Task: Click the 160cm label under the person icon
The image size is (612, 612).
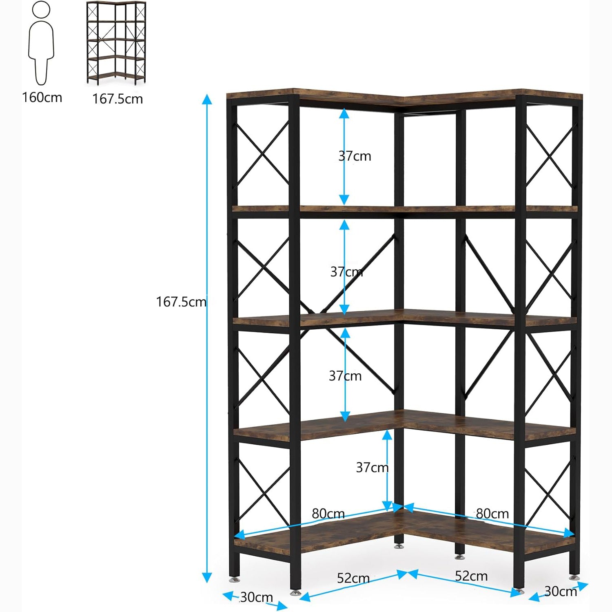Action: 42,98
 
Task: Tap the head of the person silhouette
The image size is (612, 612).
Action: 41,9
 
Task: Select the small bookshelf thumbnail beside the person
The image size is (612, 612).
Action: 116,43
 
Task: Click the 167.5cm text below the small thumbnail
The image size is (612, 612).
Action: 118,99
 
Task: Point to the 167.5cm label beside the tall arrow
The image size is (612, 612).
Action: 181,302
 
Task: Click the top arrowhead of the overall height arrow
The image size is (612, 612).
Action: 207,99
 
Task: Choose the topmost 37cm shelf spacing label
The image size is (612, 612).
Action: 355,156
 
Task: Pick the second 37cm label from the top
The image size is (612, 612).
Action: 346,272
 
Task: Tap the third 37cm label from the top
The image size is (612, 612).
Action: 345,376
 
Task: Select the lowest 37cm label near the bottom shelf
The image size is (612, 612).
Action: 372,468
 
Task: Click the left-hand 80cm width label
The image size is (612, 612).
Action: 328,514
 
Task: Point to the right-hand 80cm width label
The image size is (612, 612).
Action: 492,514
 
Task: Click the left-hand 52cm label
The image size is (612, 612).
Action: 353,578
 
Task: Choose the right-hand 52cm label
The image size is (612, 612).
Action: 471,576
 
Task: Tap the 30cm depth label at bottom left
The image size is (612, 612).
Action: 256,597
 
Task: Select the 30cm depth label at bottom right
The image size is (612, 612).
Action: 561,592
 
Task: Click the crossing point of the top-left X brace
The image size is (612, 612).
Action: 262,154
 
